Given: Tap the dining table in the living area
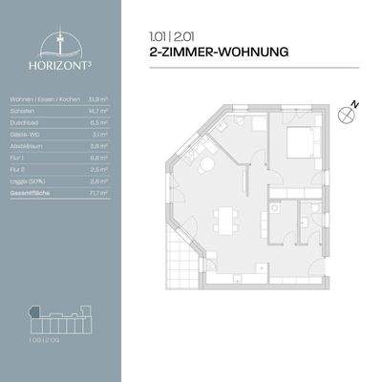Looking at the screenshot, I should pyautogui.click(x=225, y=223).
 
